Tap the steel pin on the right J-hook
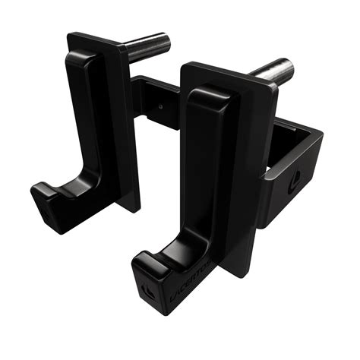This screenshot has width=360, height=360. click(x=270, y=72)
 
